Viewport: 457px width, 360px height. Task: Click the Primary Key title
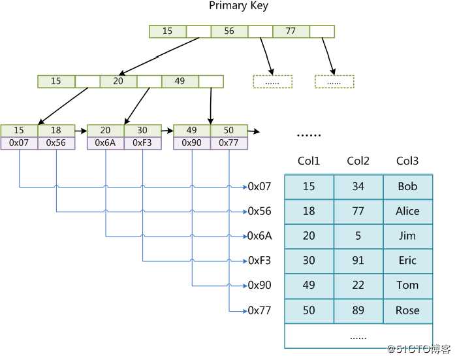pos(238,6)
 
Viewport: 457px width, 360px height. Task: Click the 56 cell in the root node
pos(230,31)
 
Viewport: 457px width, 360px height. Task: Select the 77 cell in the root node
pos(291,31)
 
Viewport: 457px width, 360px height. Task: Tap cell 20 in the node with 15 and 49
pos(118,81)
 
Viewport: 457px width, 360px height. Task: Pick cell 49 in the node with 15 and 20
pos(180,81)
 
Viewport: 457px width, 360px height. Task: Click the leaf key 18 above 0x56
pos(56,131)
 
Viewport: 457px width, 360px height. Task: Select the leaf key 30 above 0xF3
pos(142,131)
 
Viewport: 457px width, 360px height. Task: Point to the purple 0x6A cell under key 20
pos(105,143)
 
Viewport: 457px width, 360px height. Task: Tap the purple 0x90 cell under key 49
pos(191,143)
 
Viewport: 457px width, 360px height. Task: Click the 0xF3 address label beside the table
pos(259,261)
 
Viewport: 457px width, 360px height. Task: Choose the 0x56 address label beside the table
pos(259,211)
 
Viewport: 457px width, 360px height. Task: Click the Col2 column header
pos(358,161)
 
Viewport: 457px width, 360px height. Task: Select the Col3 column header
pos(407,161)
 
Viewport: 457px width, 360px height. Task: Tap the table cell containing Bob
pos(407,187)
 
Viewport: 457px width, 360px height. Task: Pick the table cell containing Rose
pos(407,310)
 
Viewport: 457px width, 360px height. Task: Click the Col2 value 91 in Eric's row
pos(358,261)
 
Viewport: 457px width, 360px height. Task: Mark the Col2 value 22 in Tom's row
pos(358,286)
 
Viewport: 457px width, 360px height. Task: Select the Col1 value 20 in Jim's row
pos(309,236)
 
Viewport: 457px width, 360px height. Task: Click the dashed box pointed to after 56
pos(272,82)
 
